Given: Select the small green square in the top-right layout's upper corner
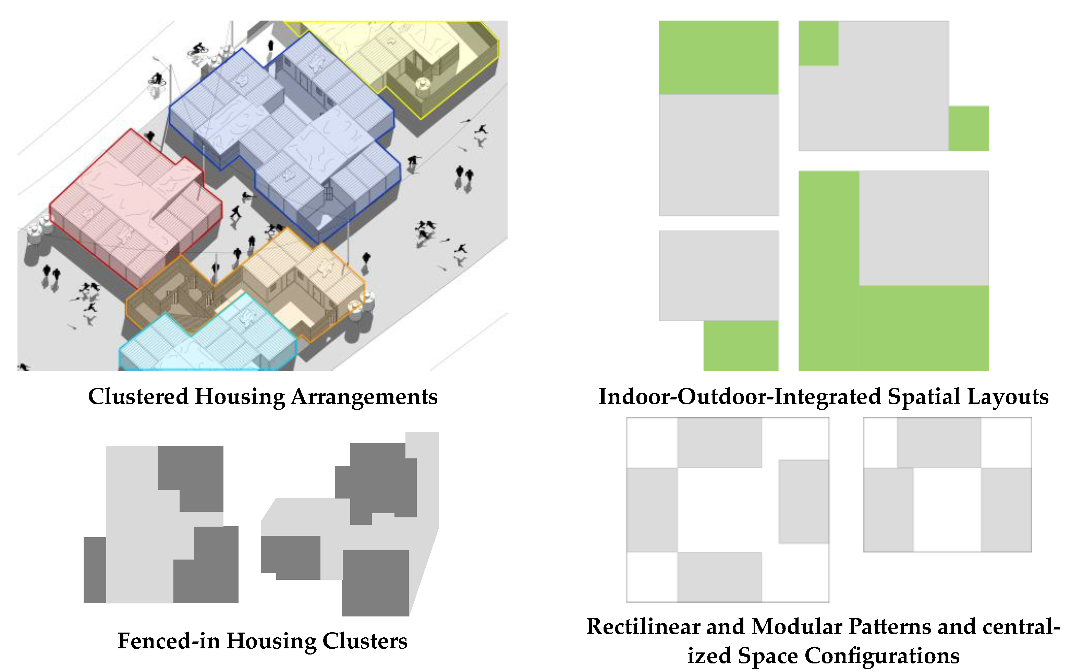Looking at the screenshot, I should pos(818,43).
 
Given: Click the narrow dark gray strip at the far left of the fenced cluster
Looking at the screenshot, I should pos(95,570).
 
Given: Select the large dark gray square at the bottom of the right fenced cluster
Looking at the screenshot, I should pos(375,583).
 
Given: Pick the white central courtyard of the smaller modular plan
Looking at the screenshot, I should pos(947,509).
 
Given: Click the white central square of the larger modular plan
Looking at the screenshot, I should pos(728,509).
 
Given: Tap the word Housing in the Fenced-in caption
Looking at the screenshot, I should pos(272,641).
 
